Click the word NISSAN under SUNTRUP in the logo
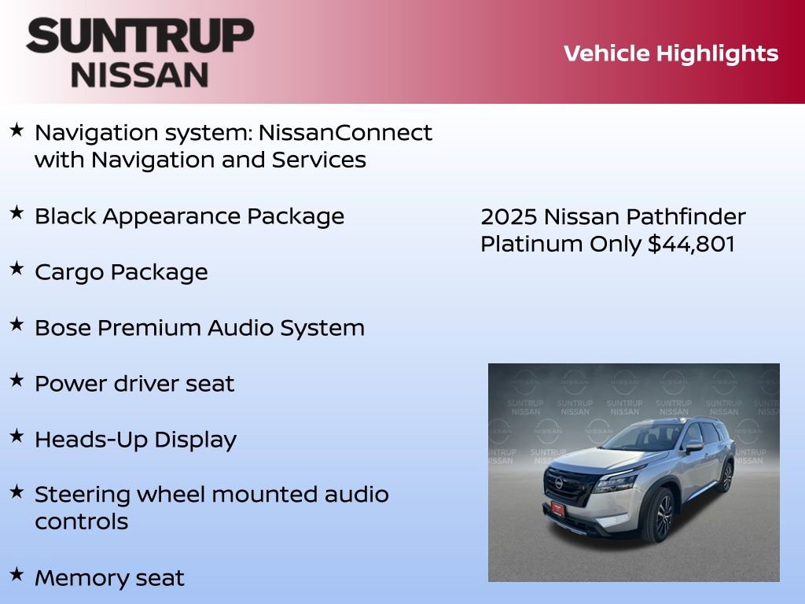pos(140,75)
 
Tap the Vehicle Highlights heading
pos(671,53)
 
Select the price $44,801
pos(691,244)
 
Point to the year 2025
pos(509,216)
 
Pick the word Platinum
pos(531,244)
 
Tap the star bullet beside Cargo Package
pos(17,268)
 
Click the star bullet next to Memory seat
pos(17,574)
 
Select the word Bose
pos(62,328)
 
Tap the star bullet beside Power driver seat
pos(17,380)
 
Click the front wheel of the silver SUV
pos(659,515)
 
